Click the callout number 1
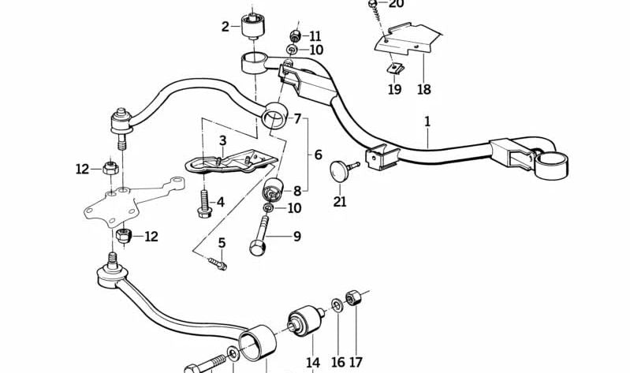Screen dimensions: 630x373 point(427,121)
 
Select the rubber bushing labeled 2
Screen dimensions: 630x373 point(253,26)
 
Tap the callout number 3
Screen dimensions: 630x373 point(222,140)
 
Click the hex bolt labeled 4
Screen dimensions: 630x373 point(205,203)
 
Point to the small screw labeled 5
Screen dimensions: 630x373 point(218,263)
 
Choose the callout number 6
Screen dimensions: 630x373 point(318,155)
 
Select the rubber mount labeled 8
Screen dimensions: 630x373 point(273,189)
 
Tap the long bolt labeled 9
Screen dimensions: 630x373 point(259,236)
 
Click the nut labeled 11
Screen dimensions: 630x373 point(296,35)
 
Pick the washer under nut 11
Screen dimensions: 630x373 point(292,50)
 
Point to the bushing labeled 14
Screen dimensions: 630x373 point(305,320)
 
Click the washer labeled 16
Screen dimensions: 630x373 point(337,305)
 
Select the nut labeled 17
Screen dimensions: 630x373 point(352,297)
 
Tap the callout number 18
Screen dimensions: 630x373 point(424,89)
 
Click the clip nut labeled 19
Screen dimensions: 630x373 point(395,69)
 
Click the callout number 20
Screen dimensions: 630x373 point(396,4)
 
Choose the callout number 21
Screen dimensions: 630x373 point(340,201)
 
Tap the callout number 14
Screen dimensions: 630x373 point(313,363)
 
